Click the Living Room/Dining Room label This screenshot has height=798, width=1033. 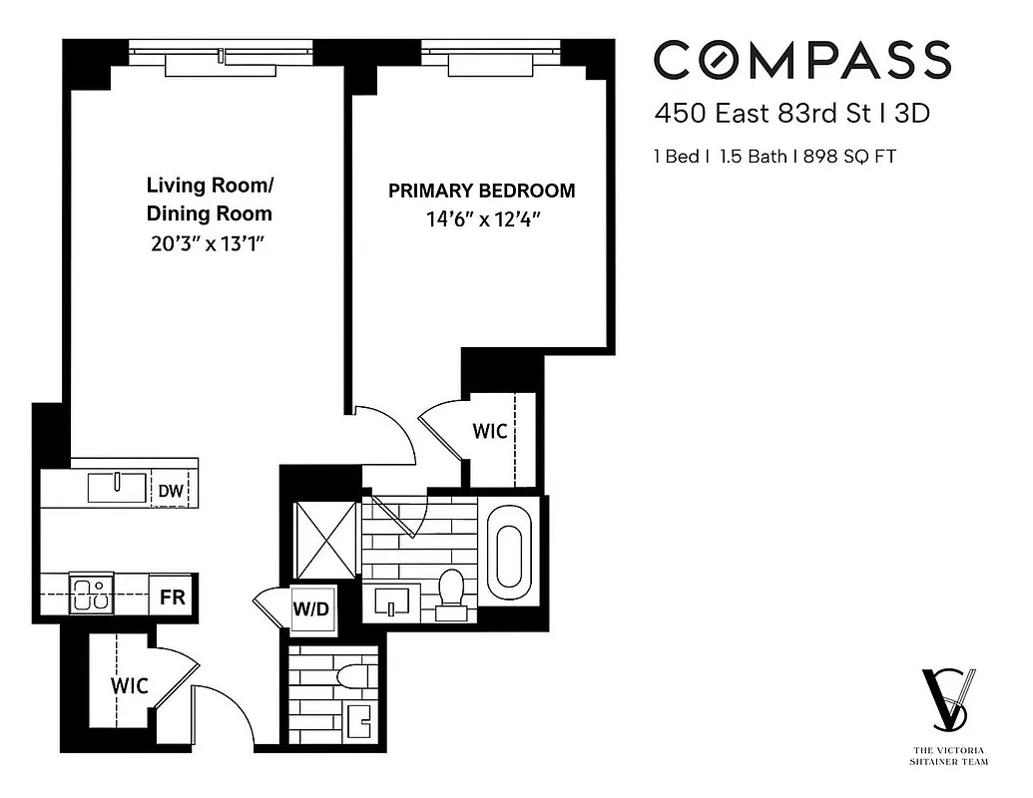tap(209, 199)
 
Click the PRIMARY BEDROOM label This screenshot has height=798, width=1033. tap(481, 191)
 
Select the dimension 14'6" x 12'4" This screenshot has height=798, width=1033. tap(481, 219)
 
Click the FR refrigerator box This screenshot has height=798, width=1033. tap(172, 598)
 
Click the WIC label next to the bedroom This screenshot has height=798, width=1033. tap(489, 431)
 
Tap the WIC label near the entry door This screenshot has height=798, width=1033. tap(129, 685)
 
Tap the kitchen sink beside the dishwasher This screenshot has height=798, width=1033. tap(117, 488)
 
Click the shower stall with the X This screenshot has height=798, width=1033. tap(325, 539)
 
